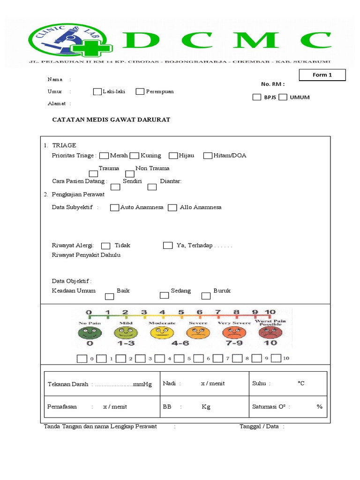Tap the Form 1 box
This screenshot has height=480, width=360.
tap(322, 75)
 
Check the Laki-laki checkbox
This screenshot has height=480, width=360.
tap(97, 91)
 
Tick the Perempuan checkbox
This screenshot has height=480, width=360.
tap(140, 91)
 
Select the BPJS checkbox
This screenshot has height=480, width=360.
tap(256, 97)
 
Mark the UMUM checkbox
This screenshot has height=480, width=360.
tap(283, 97)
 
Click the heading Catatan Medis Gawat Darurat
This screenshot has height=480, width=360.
tap(111, 120)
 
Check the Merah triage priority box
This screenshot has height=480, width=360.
tap(104, 156)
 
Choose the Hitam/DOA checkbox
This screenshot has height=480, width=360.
tap(208, 156)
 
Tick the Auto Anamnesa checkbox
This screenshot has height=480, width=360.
tap(114, 208)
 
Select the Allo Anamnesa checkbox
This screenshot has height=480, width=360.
tap(172, 208)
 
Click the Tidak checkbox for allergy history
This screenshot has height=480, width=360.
tap(106, 246)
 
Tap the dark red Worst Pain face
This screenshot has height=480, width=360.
tap(270, 333)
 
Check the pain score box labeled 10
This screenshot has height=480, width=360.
tap(276, 359)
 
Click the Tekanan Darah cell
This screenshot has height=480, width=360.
tap(102, 384)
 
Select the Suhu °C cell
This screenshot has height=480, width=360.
tap(287, 383)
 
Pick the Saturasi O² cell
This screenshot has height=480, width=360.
tap(287, 406)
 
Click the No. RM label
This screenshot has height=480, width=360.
tap(273, 84)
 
